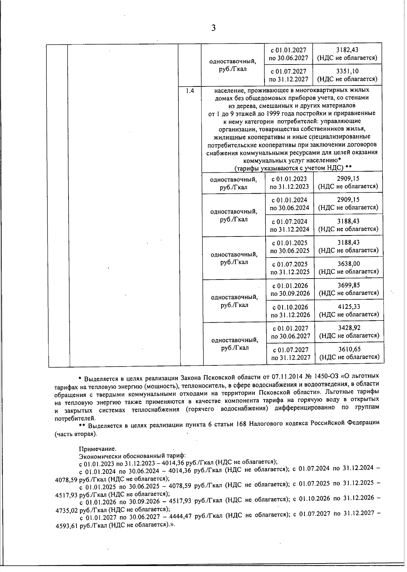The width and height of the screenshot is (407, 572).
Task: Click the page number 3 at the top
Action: click(213, 28)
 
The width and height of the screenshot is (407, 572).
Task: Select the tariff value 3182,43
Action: click(347, 50)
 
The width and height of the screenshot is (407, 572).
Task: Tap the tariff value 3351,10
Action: click(347, 71)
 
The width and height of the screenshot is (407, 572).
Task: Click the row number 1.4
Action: click(190, 91)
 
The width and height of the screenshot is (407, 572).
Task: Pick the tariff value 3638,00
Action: click(349, 264)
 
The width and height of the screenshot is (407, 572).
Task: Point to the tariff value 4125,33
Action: click(349, 307)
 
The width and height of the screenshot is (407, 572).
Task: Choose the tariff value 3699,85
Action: click(349, 285)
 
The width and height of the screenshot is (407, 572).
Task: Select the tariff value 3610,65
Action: click(349, 349)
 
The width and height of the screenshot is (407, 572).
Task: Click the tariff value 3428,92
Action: click(349, 328)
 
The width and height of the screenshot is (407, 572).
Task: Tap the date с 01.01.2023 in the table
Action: click(289, 179)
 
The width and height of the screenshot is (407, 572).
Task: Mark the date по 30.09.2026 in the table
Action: click(290, 293)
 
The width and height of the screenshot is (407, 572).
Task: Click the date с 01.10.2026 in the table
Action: click(290, 307)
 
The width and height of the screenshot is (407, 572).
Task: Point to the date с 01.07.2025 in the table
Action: click(290, 264)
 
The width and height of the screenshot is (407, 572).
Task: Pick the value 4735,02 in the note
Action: click(66, 510)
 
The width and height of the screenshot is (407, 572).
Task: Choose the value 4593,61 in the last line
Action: click(66, 525)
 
